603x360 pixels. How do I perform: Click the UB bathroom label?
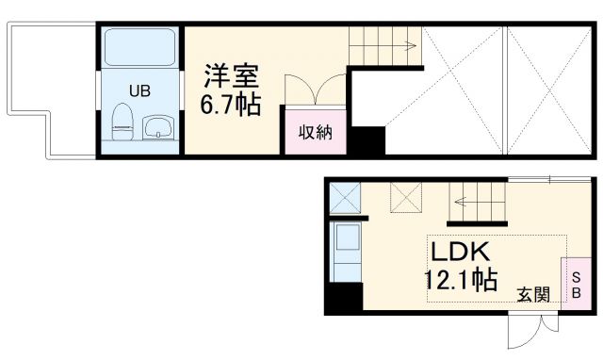tap(139, 90)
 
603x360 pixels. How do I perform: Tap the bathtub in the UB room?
tap(139, 48)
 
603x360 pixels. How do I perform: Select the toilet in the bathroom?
tap(122, 121)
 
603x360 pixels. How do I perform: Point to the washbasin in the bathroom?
tap(158, 127)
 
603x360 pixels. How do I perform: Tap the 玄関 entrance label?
tap(533, 294)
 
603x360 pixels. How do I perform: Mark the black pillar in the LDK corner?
tap(344, 300)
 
